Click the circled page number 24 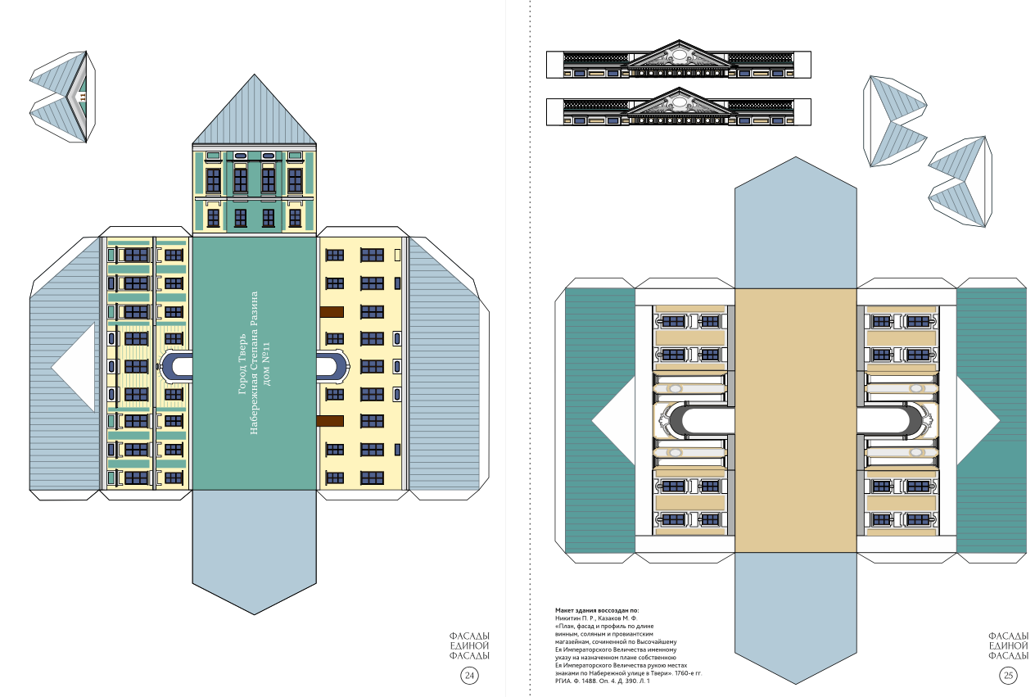pyautogui.click(x=469, y=676)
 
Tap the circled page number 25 pyautogui.click(x=1008, y=676)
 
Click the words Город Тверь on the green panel pyautogui.click(x=242, y=364)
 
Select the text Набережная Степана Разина pyautogui.click(x=254, y=363)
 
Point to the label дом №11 pyautogui.click(x=266, y=364)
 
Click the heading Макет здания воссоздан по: pyautogui.click(x=597, y=610)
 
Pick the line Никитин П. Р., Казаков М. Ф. pyautogui.click(x=596, y=618)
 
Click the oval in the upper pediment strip pyautogui.click(x=679, y=55)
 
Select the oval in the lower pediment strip pyautogui.click(x=679, y=102)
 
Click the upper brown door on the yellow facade pyautogui.click(x=332, y=312)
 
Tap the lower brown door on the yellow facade pyautogui.click(x=330, y=421)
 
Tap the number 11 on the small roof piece pyautogui.click(x=83, y=97)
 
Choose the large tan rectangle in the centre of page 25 pyautogui.click(x=796, y=421)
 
